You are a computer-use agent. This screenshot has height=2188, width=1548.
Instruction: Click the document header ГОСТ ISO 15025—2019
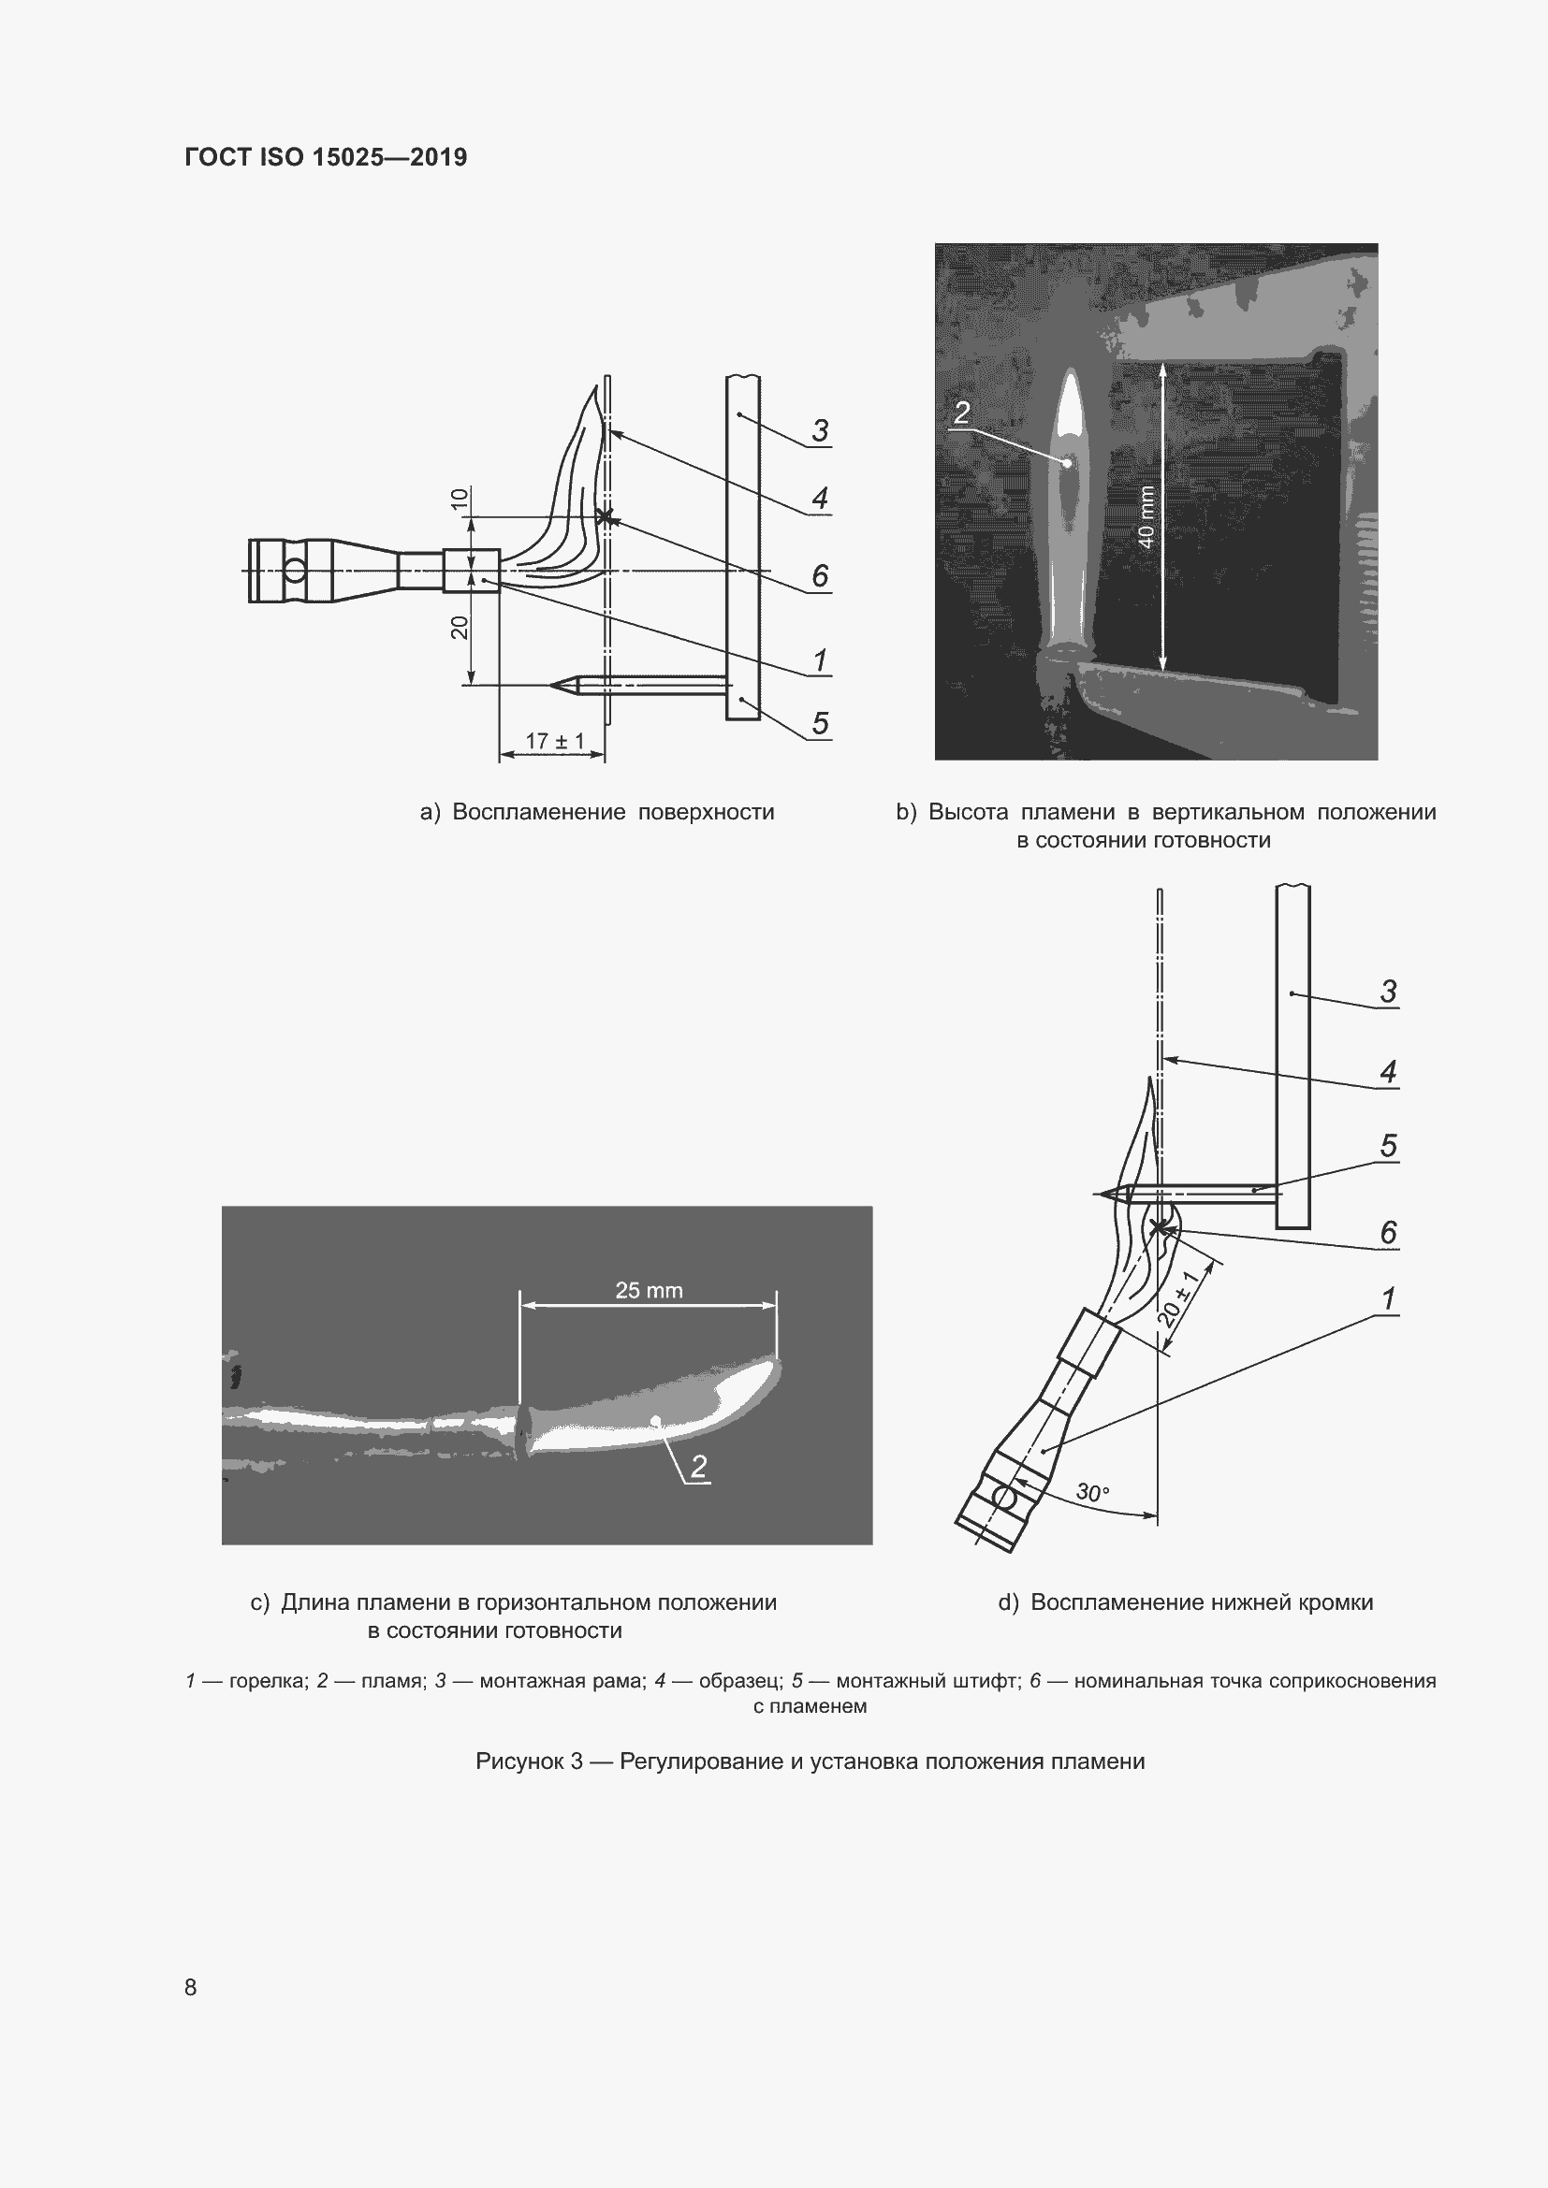pyautogui.click(x=325, y=157)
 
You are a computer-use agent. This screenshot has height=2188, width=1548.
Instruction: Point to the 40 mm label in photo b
pyautogui.click(x=1146, y=517)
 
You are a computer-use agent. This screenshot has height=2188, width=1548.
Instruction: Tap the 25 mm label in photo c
pyautogui.click(x=649, y=1290)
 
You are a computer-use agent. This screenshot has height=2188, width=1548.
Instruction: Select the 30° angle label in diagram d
pyautogui.click(x=1092, y=1492)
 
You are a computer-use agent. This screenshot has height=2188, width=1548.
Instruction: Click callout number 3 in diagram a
pyautogui.click(x=820, y=430)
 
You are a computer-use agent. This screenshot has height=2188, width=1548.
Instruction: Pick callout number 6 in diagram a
pyautogui.click(x=820, y=575)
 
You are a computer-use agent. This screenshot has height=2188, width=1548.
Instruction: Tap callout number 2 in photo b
pyautogui.click(x=961, y=413)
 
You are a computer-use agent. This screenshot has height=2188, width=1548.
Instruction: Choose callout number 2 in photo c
pyautogui.click(x=699, y=1467)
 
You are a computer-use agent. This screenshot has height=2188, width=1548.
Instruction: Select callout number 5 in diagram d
pyautogui.click(x=1388, y=1146)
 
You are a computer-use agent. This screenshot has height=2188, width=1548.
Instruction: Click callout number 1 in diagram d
pyautogui.click(x=1388, y=1298)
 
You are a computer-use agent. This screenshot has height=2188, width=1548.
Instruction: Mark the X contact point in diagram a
pyautogui.click(x=604, y=517)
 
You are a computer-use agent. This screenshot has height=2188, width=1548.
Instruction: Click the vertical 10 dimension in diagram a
pyautogui.click(x=460, y=499)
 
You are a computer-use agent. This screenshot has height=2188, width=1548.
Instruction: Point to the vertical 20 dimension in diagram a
pyautogui.click(x=460, y=627)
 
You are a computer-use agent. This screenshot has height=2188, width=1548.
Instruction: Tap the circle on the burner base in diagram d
pyautogui.click(x=1003, y=1497)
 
